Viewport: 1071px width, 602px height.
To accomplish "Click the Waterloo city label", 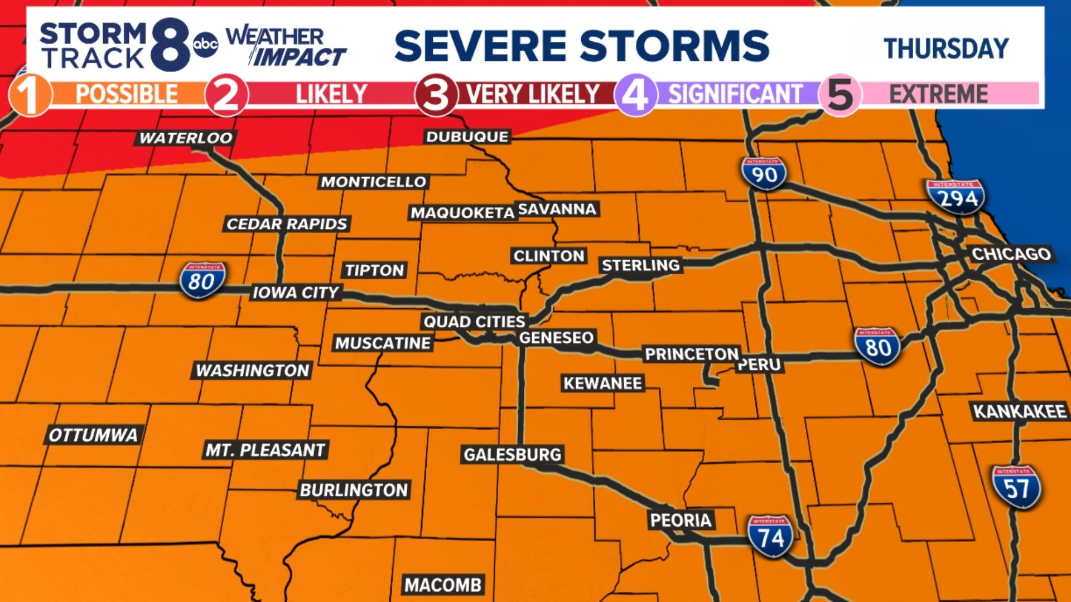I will (x=186, y=138).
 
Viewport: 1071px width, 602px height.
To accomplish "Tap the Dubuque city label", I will (x=467, y=137).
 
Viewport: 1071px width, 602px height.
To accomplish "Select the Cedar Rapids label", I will (x=287, y=224).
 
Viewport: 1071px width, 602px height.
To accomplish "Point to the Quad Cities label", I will (x=474, y=322).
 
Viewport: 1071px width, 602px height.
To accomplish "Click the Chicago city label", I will (x=1011, y=254).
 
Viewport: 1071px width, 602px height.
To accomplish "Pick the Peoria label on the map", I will (x=681, y=520).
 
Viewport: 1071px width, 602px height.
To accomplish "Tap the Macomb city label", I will (x=443, y=585).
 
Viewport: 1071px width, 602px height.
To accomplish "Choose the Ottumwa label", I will (x=93, y=435).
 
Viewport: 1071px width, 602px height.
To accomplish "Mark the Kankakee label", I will (x=1020, y=411).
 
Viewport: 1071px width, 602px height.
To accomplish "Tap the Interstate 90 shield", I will (x=764, y=173).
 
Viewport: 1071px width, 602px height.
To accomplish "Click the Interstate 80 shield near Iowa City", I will (x=202, y=280).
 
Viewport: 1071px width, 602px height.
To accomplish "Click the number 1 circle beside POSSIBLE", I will (x=30, y=95).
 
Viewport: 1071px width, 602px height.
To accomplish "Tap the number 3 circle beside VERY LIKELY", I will (x=436, y=95).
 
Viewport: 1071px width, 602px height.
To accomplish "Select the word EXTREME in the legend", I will (x=938, y=94).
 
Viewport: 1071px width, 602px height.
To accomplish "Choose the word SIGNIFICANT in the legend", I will (x=735, y=94).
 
